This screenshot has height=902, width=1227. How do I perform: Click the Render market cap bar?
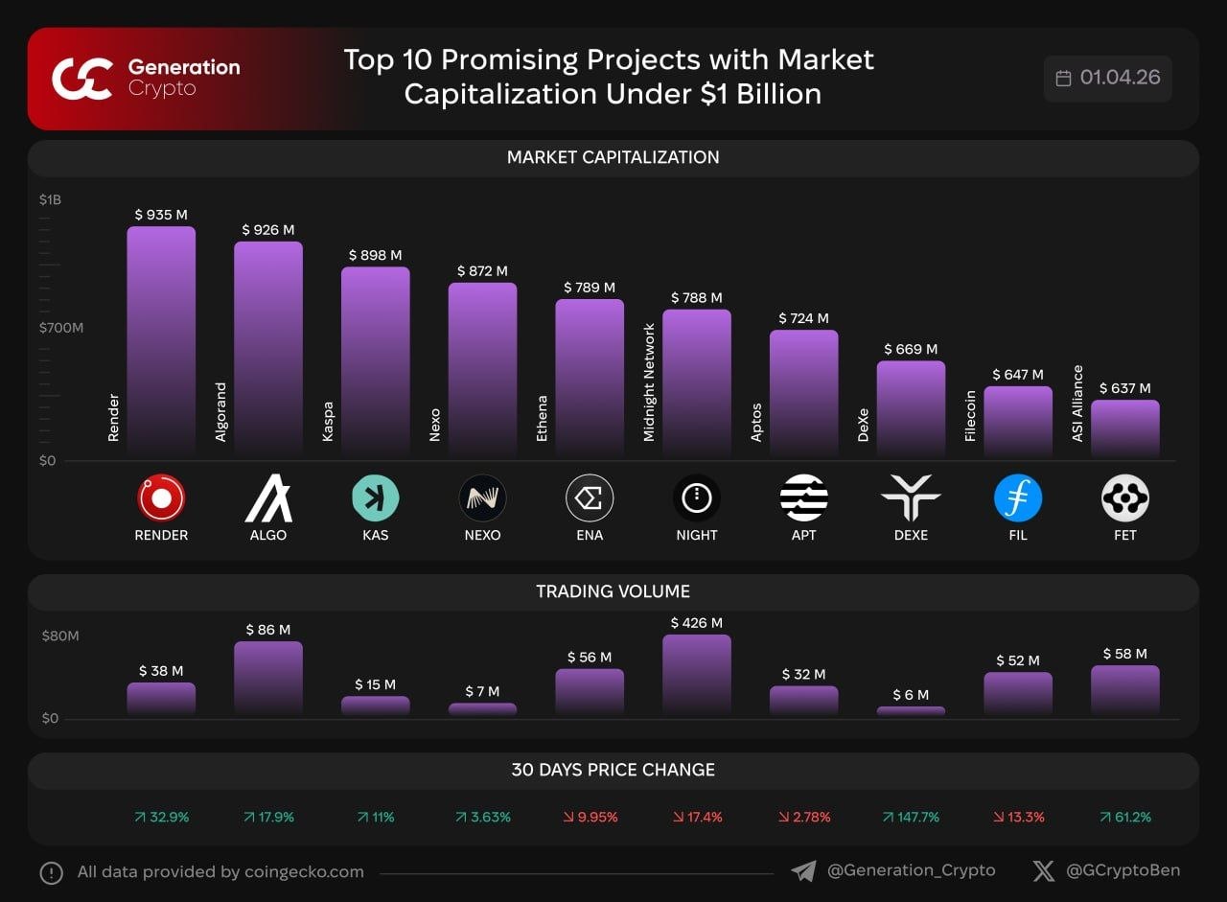coord(161,340)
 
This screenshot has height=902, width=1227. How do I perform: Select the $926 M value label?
coord(267,230)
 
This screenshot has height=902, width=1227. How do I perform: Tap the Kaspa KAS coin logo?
coord(376,498)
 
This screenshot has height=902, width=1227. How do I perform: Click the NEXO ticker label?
coord(482,535)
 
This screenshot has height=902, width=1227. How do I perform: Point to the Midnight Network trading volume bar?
coord(697,675)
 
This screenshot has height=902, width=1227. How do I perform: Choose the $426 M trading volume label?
coord(697,623)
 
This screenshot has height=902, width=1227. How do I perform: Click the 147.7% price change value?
coord(911,818)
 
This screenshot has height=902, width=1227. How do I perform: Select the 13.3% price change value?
coord(1018,818)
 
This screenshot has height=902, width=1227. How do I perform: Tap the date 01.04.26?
coord(1120,78)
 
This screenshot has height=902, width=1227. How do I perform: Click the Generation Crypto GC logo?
coord(83,79)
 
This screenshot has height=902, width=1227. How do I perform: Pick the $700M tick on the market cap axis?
coord(61,328)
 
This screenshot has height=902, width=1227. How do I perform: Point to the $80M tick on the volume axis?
coord(60,636)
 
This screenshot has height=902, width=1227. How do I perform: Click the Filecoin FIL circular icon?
coord(1018,498)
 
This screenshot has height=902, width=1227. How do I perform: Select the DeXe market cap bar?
coord(911,408)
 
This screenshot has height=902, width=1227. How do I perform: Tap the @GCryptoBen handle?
coord(1123,870)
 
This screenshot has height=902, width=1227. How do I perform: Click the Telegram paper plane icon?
coord(803,871)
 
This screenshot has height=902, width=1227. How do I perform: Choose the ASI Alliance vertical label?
coord(1077,404)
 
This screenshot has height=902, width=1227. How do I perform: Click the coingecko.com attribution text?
coord(220,872)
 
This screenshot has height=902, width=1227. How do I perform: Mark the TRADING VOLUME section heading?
coord(613,591)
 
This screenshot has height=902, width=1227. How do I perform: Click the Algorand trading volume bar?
coord(267,679)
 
